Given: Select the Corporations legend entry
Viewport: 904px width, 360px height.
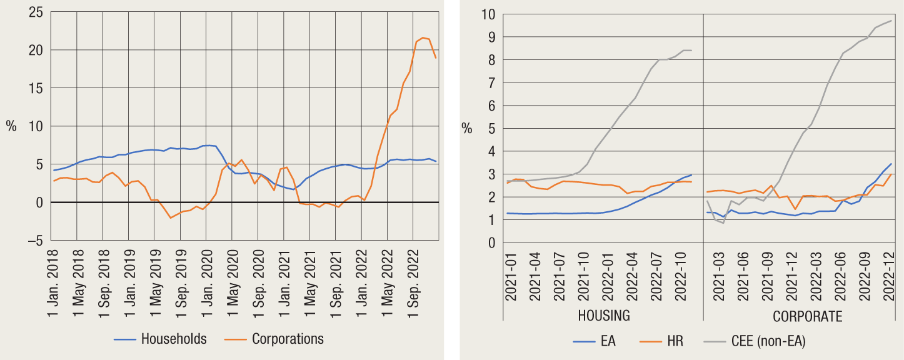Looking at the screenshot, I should (x=288, y=339).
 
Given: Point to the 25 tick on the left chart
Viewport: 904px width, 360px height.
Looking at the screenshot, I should (x=34, y=12).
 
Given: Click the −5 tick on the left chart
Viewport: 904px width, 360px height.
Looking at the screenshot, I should (x=34, y=241).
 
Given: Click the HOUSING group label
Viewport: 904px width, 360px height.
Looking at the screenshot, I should (x=604, y=316).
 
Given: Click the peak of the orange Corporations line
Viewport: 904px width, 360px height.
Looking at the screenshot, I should (x=423, y=37).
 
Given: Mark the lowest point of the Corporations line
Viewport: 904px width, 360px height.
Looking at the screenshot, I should (x=171, y=217).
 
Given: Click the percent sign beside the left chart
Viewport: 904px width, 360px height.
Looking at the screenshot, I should (x=11, y=126).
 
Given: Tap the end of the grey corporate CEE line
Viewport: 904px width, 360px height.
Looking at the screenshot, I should (x=891, y=21).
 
